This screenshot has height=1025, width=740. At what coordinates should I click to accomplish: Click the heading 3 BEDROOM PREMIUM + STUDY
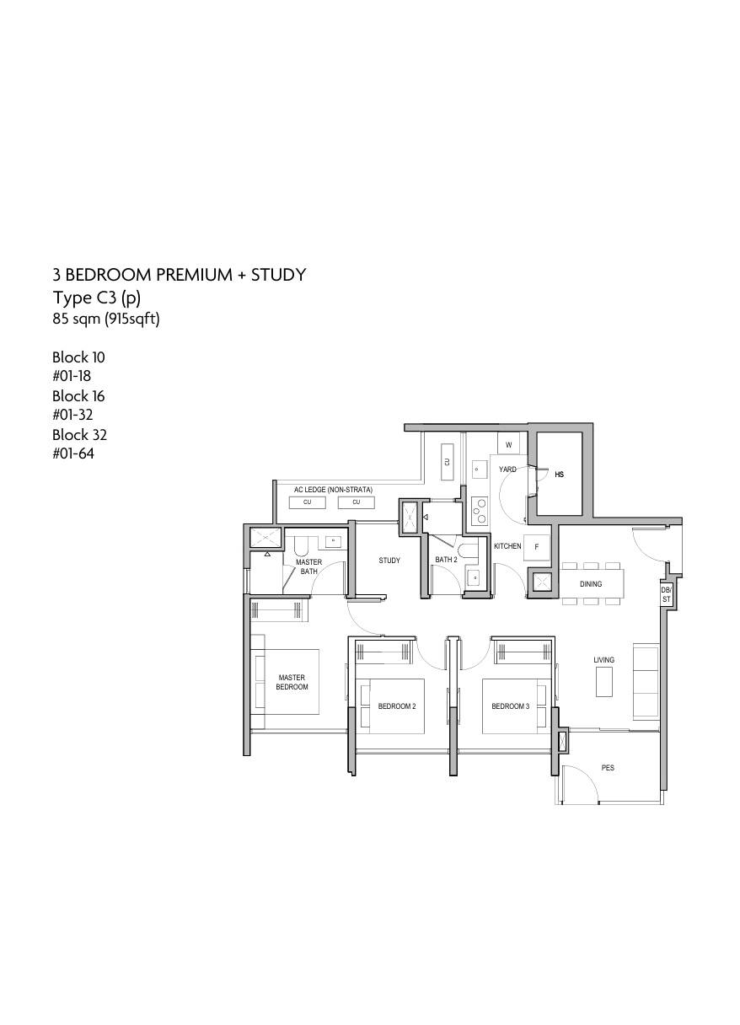point(179,275)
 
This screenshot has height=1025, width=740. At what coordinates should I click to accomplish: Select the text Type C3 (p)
point(97,298)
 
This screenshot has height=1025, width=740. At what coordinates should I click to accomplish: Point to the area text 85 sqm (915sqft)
point(106,319)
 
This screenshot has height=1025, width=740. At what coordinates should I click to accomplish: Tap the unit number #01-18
point(72,376)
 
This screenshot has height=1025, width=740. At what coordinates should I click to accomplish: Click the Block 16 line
point(78,396)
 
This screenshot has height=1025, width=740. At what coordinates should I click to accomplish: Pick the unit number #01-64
point(73,453)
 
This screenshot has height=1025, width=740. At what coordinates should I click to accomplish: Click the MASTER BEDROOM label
point(292,682)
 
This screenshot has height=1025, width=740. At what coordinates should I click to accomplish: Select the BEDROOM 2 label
point(397,706)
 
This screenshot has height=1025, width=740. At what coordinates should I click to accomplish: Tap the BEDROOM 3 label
point(510,706)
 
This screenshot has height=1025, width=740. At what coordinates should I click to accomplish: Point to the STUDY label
point(389,560)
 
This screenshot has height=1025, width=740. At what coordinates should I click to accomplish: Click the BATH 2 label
point(446,560)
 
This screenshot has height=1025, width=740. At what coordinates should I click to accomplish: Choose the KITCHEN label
point(507,546)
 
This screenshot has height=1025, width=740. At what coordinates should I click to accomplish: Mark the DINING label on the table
point(590,584)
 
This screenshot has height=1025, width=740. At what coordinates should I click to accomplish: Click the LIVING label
point(603,660)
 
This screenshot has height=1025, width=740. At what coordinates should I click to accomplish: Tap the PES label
point(608,768)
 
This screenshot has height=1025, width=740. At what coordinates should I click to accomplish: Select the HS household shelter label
point(560,475)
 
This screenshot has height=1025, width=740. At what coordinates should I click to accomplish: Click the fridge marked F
point(537,547)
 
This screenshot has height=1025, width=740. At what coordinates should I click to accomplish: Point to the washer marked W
point(509,444)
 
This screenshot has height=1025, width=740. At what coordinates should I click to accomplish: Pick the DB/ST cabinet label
point(666,595)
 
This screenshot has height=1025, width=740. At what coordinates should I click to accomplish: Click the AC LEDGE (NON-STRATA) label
point(333,490)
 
